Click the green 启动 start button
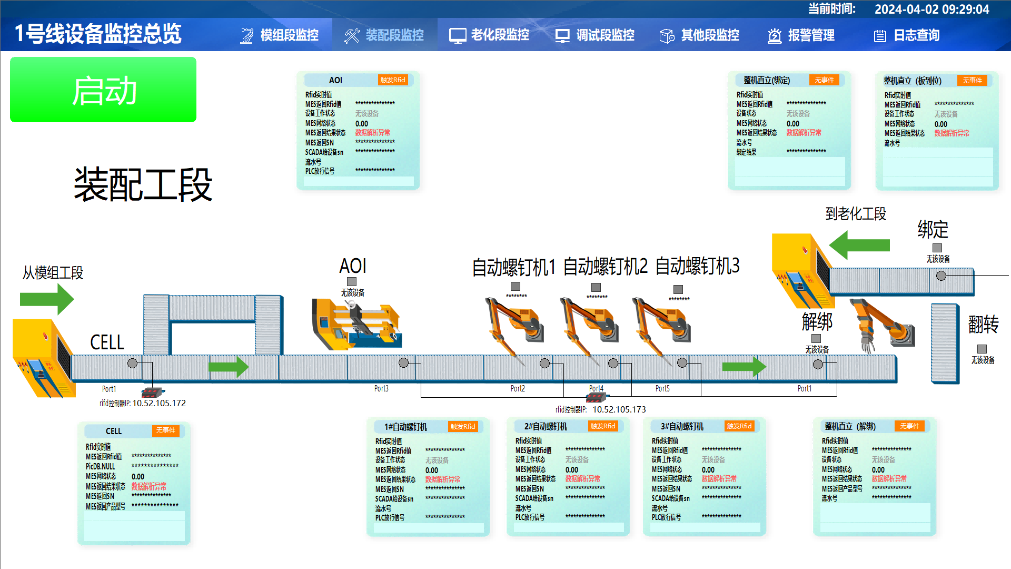coord(103,90)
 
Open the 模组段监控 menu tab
coord(280,35)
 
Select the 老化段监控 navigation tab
coord(489,35)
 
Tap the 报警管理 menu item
coord(801,35)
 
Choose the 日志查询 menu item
coord(907,35)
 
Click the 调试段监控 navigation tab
coord(595,35)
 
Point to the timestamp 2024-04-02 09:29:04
coord(931,9)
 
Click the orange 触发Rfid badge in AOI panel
coord(393,80)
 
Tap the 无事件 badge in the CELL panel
coord(166,430)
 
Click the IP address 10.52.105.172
coord(159,403)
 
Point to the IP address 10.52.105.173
coord(619,409)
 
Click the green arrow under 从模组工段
coord(46,299)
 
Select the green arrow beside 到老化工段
coord(859,245)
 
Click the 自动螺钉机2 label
coord(605,267)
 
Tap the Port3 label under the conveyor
coord(381,388)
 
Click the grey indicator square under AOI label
coord(352,282)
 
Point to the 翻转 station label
coord(983,324)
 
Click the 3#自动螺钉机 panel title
coord(682,426)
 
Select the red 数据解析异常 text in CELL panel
coord(149,486)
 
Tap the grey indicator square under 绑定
coord(937,248)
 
